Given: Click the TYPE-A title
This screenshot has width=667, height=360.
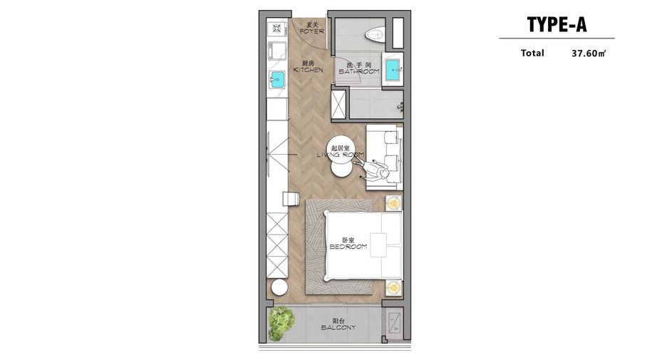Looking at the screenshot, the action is (x=557, y=24).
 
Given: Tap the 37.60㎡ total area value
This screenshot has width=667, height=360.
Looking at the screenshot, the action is (x=589, y=53).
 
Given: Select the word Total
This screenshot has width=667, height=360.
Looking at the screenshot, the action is (x=532, y=53).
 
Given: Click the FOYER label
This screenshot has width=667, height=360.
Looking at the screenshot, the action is (x=312, y=31).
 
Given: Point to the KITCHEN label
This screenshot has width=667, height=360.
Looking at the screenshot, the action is (x=309, y=70).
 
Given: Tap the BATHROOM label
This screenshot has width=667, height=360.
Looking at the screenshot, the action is (x=358, y=71).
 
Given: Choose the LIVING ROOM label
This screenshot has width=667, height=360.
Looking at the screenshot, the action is (x=341, y=155).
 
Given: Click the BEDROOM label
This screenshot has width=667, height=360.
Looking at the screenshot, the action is (x=348, y=247).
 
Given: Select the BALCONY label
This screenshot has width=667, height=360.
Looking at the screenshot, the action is (x=338, y=328).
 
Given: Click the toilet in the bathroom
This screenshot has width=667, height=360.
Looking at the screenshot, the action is (x=374, y=34).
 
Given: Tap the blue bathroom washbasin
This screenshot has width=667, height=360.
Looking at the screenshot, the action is (x=392, y=69).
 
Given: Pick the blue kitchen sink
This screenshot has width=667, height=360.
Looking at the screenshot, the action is (x=277, y=79).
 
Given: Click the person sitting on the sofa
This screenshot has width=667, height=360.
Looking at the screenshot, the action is (x=374, y=170).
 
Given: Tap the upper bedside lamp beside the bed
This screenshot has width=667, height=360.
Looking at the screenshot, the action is (x=393, y=203).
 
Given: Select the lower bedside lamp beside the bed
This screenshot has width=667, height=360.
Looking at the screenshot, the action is (x=393, y=288).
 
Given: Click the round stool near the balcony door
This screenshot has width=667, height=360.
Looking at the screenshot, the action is (x=279, y=287).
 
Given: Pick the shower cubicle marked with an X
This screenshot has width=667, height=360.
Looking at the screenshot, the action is (x=338, y=104).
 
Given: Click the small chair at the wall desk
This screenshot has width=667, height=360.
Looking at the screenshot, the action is (x=291, y=199).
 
